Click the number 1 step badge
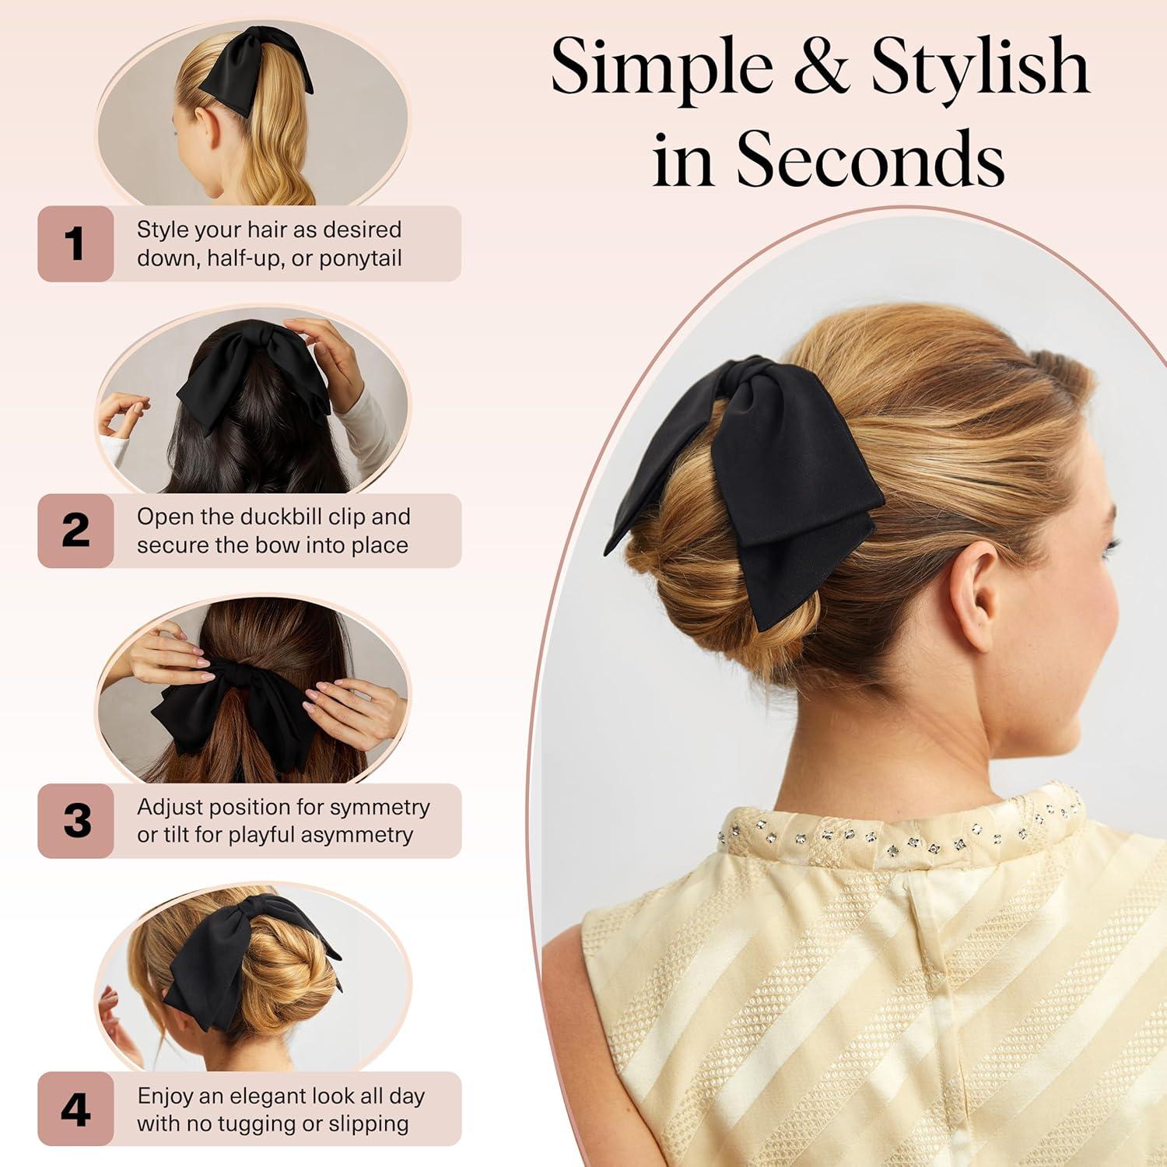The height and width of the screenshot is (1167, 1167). pyautogui.click(x=75, y=244)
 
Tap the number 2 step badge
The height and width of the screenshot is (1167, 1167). pyautogui.click(x=75, y=531)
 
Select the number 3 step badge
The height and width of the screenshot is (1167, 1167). pyautogui.click(x=75, y=821)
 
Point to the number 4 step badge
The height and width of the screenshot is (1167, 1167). pyautogui.click(x=75, y=1109)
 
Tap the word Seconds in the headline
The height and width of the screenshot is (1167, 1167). pyautogui.click(x=870, y=159)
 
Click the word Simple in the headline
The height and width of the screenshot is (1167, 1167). pyautogui.click(x=661, y=70)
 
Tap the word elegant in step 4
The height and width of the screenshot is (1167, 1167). pyautogui.click(x=264, y=1096)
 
